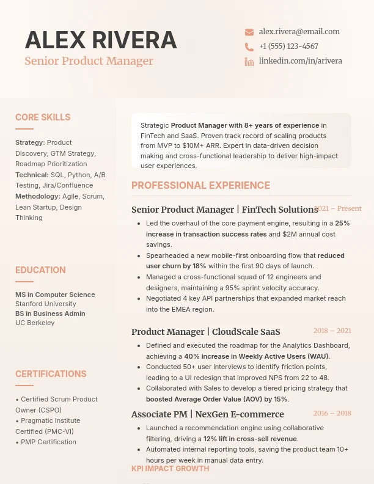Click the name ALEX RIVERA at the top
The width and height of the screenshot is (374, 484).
pyautogui.click(x=101, y=40)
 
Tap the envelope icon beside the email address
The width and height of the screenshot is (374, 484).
pyautogui.click(x=249, y=32)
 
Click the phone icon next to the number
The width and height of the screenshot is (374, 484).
pyautogui.click(x=249, y=47)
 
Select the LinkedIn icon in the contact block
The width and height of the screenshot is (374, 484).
pyautogui.click(x=249, y=62)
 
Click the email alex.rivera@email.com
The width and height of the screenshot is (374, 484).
pyautogui.click(x=299, y=32)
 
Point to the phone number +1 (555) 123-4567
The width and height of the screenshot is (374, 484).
pyautogui.click(x=288, y=46)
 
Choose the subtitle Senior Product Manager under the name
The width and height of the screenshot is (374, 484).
pyautogui.click(x=89, y=61)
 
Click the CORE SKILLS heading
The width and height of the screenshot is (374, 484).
pyautogui.click(x=43, y=117)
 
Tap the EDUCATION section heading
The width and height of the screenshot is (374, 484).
pyautogui.click(x=40, y=270)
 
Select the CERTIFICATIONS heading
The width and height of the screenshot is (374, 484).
pyautogui.click(x=51, y=374)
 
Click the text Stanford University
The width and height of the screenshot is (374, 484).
pyautogui.click(x=46, y=304)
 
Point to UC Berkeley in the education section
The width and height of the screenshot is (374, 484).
pyautogui.click(x=35, y=323)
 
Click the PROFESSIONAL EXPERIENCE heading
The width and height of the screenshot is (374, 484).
pyautogui.click(x=200, y=186)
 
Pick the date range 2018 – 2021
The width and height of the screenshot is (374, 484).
pyautogui.click(x=332, y=331)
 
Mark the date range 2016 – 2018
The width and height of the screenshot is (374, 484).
pyautogui.click(x=332, y=413)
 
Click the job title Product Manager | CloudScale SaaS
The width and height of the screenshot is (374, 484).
pyautogui.click(x=205, y=332)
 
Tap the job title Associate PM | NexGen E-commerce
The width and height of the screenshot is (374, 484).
pyautogui.click(x=207, y=414)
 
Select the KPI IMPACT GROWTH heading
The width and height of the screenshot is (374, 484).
pyautogui.click(x=170, y=469)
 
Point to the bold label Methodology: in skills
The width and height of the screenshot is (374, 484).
pyautogui.click(x=38, y=196)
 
